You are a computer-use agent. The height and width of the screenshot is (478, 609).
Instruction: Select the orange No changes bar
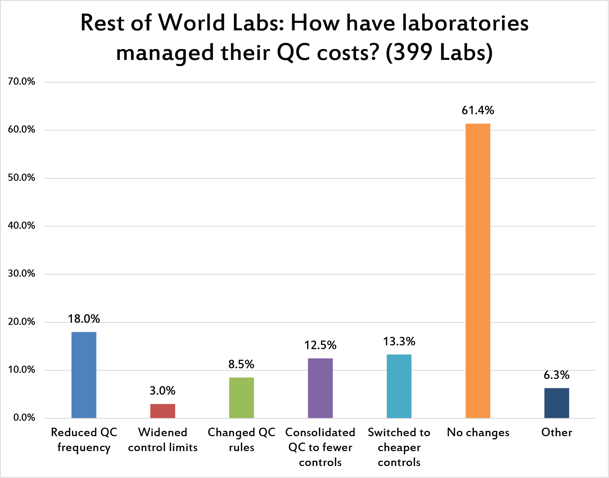[x=478, y=271]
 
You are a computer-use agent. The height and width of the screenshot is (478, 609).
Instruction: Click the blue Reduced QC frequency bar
[x=84, y=375]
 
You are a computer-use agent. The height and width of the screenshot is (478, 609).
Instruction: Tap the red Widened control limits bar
[x=163, y=411]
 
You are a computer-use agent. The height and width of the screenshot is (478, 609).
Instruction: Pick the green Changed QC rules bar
[x=241, y=398]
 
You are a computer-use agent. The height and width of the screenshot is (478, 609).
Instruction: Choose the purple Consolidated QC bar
[x=320, y=388]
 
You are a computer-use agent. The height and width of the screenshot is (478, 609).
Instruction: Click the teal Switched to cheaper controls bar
[x=399, y=386]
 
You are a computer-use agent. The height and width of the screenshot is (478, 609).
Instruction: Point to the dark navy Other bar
[x=556, y=403]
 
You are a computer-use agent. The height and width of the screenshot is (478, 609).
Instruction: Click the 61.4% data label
[x=478, y=110]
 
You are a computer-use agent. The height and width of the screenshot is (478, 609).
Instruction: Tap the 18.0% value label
[x=84, y=319]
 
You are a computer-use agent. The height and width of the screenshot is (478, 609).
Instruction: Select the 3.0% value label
[x=163, y=391]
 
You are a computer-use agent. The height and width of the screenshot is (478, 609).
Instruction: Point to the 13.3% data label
[x=399, y=341]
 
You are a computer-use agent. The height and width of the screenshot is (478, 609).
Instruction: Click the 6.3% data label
[x=556, y=375]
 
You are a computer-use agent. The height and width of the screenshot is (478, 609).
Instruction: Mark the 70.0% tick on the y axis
[x=22, y=81]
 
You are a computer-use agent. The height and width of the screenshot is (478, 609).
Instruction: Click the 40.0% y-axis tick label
[x=22, y=226]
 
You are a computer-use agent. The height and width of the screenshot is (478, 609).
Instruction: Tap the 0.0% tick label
[x=24, y=418]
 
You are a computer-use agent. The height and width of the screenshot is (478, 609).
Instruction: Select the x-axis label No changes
[x=478, y=433]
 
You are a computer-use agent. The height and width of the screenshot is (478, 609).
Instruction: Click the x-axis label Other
[x=556, y=432]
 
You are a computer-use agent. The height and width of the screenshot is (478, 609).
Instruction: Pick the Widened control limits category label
[x=163, y=440]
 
